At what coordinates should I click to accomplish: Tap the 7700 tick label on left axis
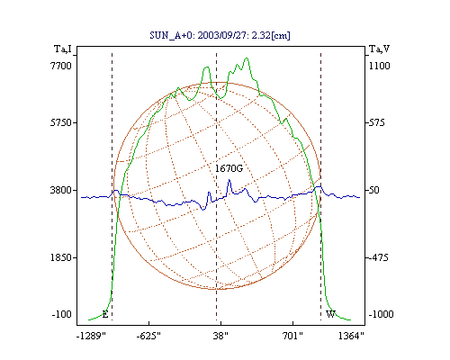pos(61,66)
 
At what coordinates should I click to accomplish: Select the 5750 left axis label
pos(61,122)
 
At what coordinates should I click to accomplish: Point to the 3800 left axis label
pos(61,190)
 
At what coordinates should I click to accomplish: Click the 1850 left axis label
pos(61,257)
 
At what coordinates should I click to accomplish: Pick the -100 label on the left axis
pos(62,314)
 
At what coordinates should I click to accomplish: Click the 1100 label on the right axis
pos(380,66)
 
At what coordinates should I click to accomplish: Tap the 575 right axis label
pos(376,122)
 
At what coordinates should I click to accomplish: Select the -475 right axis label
pos(378,257)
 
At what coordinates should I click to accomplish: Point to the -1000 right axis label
pos(381,314)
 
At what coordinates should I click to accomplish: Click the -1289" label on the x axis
pos(91,336)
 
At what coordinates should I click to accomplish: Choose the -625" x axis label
pos(148,336)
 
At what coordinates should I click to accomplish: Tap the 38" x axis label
pos(220,336)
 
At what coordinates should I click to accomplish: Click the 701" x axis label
pos(292,336)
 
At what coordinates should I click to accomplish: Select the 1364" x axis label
pos(351,336)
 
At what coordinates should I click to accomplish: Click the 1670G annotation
pos(229,168)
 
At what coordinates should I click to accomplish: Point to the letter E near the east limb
pos(105,314)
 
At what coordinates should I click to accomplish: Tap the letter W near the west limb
pos(330,314)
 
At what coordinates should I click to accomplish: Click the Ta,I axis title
pos(63,49)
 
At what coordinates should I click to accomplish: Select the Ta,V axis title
pos(379,49)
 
